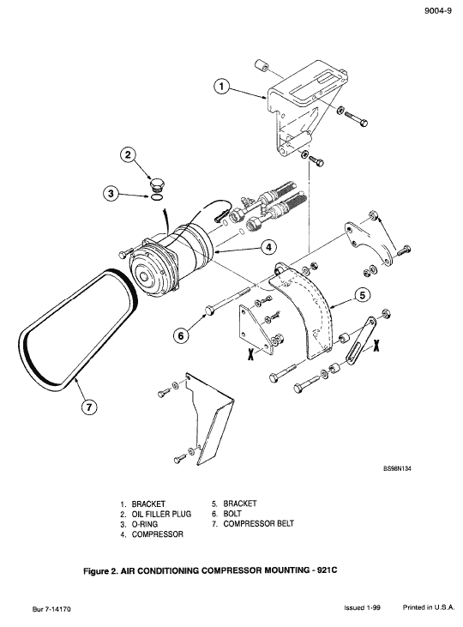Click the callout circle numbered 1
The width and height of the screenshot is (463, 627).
221,87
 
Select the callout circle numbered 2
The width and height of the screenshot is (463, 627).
127,155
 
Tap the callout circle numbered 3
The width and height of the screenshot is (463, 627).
110,193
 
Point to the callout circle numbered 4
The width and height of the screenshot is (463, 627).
268,246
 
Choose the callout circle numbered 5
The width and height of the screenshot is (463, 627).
363,294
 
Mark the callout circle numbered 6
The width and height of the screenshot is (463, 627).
181,335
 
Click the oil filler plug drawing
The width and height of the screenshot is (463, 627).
156,184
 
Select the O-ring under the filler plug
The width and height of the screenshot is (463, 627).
157,197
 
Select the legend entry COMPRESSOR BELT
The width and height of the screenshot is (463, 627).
258,523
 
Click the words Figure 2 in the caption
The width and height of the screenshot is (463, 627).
116,569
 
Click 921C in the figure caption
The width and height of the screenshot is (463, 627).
335,569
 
